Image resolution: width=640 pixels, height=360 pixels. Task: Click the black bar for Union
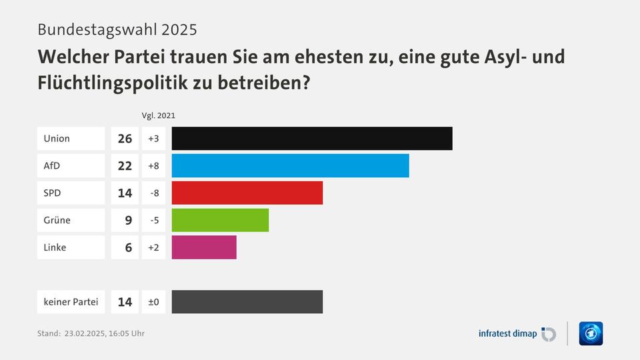[x=312, y=139]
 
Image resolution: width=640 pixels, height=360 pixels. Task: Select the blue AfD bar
[x=290, y=165]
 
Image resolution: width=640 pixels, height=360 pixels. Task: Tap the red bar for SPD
[x=247, y=193]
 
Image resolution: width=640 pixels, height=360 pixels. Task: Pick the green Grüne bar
[x=220, y=220]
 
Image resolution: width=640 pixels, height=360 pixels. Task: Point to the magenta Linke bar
[x=204, y=247]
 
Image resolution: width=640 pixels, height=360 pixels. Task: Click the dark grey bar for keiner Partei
[x=247, y=302]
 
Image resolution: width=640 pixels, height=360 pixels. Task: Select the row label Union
[x=57, y=139]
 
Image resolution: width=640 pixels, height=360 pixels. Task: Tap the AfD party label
[x=52, y=165]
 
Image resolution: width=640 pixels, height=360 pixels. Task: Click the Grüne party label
[x=57, y=220]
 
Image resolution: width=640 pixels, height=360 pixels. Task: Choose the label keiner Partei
[x=71, y=302]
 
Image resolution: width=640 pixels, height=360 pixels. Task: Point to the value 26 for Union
[x=125, y=139]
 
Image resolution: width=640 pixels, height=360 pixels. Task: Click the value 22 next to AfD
[x=125, y=165]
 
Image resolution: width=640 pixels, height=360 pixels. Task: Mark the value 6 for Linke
[x=128, y=247]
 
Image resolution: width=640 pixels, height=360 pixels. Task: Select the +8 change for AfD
[x=153, y=165]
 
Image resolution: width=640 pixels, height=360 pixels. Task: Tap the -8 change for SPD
[x=153, y=193]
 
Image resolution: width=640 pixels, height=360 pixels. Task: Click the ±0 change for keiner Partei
[x=153, y=302]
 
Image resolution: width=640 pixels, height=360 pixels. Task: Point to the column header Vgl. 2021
[x=159, y=115]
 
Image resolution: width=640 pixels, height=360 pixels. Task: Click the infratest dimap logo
[x=517, y=333]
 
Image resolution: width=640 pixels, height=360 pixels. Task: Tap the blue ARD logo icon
[x=591, y=333]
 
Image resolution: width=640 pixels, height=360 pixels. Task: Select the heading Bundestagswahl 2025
[x=117, y=29]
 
